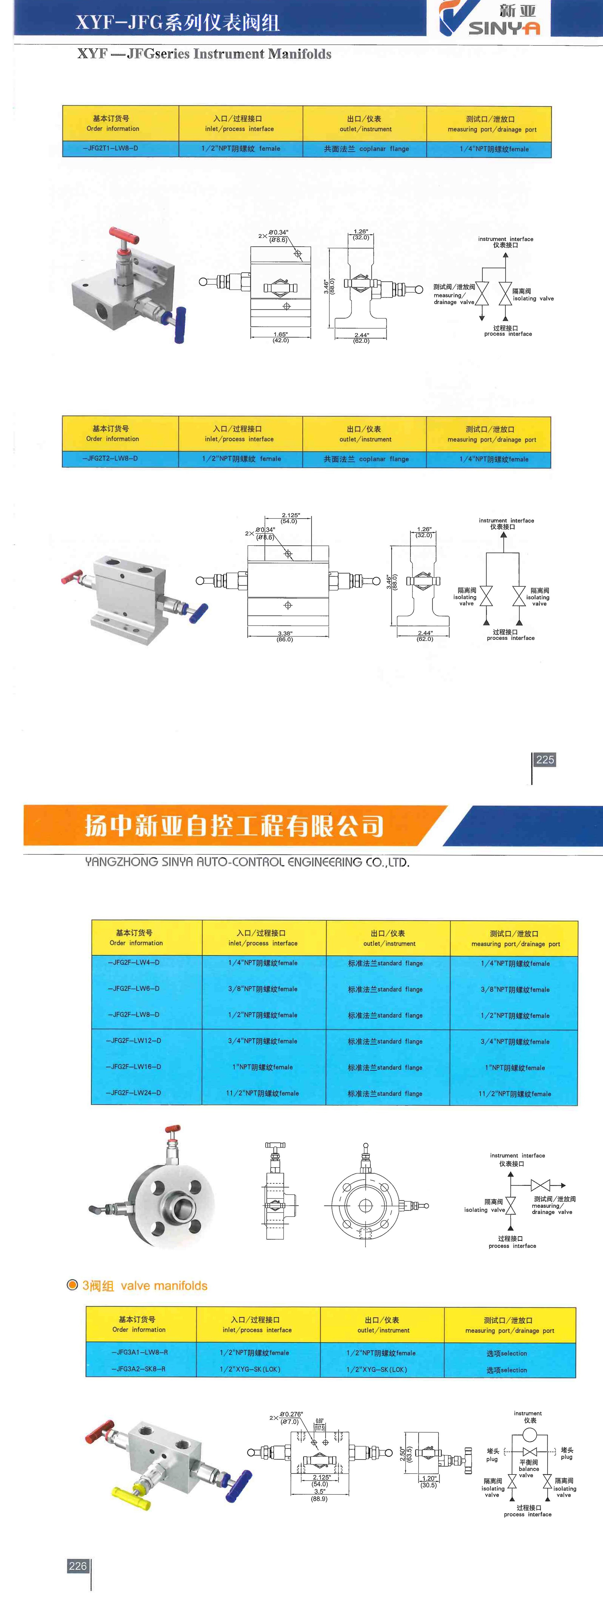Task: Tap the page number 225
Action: (545, 760)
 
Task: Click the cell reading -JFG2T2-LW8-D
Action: (110, 459)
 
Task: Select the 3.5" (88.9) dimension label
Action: (319, 1495)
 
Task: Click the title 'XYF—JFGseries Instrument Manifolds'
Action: (204, 54)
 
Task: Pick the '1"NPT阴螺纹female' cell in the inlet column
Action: (263, 1067)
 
